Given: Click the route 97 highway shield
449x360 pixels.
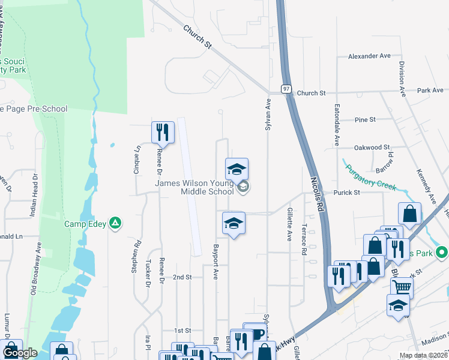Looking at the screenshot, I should coord(286,89).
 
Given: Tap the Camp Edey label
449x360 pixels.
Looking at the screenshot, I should coord(85,224).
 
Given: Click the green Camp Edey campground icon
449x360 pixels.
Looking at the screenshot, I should coord(116,224).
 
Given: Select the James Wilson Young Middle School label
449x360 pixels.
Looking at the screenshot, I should coord(194,188).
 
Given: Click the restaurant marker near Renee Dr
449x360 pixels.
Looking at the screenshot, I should coord(163,133).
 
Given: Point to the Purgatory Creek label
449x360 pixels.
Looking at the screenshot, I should coord(370,178).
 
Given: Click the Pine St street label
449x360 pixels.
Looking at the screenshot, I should coord(365,119).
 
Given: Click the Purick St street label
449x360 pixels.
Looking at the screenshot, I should coord(347,193).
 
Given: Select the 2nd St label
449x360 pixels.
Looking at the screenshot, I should coord(181,277).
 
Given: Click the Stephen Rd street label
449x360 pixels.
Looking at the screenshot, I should coord(136,257).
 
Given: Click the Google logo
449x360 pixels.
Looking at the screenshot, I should coord(19,353).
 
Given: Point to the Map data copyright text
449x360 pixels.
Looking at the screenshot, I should coord(423,355).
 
